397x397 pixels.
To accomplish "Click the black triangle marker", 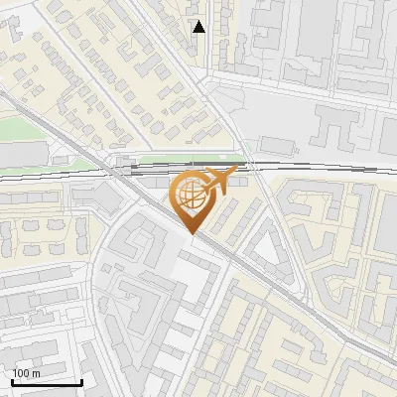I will coord(198,27).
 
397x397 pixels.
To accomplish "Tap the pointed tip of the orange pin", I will coord(193,234).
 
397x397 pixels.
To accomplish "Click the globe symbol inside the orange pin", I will coord(192,196).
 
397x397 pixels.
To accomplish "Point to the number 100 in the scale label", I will coord(21,373).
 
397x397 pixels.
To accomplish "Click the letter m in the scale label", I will coord(36,373).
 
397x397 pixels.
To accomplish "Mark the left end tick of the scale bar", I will coord(11,381).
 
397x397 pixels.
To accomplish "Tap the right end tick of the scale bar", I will coord(81,381).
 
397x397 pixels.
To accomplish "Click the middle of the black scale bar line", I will coord(46,383).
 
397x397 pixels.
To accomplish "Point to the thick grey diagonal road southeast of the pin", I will coord(288,298).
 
